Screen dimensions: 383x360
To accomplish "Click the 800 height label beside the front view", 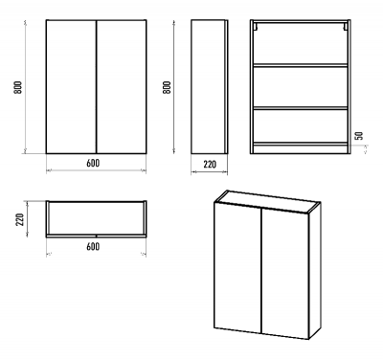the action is (18, 87).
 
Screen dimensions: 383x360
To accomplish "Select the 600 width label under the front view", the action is (93, 163).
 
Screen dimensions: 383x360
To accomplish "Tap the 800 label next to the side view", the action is (167, 87).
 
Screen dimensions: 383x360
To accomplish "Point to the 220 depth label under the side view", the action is (210, 165).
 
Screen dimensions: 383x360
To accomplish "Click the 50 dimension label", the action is (359, 135).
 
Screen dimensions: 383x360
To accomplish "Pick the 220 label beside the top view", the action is (20, 219).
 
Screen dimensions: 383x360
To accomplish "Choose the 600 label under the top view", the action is (93, 246).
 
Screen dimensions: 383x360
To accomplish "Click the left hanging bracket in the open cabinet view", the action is (256, 27).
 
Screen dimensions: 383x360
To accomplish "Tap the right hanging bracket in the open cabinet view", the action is (346, 27).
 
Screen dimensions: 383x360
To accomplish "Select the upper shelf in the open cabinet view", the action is (301, 65).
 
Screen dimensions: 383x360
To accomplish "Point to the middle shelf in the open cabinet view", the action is (301, 108).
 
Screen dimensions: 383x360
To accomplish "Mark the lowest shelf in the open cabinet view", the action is (301, 144).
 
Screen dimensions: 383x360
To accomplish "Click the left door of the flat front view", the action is (71, 87).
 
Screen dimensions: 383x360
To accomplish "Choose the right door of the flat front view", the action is (122, 87).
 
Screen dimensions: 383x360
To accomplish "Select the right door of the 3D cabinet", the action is (285, 274).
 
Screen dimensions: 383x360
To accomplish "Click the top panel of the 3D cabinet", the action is (267, 202).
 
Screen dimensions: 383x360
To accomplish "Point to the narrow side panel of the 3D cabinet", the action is (315, 271).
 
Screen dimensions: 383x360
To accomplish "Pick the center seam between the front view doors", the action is (96, 87).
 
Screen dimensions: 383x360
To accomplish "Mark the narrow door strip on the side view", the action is (226, 87).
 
